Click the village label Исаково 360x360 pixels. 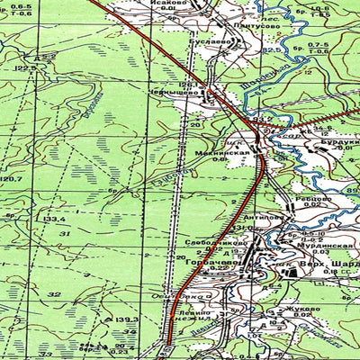tap(171, 4)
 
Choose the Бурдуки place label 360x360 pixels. tap(342, 139)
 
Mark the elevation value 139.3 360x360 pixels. tap(126, 319)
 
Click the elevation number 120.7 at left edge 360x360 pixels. tap(11, 181)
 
